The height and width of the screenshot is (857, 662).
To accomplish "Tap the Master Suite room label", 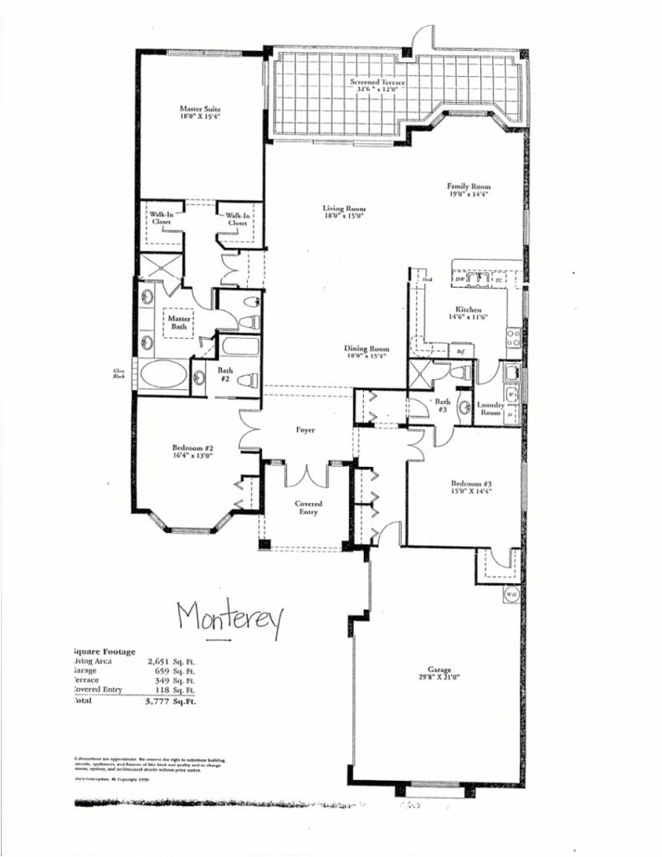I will pyautogui.click(x=200, y=113).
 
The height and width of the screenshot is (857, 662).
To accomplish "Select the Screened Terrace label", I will pyautogui.click(x=378, y=85).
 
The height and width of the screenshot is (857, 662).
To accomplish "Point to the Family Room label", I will pyautogui.click(x=469, y=190).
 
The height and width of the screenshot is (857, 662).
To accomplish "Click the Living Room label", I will pyautogui.click(x=345, y=213).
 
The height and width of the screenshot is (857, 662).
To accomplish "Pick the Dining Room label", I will pyautogui.click(x=368, y=352).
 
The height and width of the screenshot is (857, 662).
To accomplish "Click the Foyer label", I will pyautogui.click(x=305, y=429).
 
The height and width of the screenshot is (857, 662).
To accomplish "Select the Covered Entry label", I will pyautogui.click(x=308, y=508).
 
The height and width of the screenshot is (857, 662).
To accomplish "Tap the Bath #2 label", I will pyautogui.click(x=225, y=374).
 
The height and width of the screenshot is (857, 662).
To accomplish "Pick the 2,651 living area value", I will pyautogui.click(x=147, y=661).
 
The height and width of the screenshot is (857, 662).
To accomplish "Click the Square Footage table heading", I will pyautogui.click(x=104, y=649).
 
